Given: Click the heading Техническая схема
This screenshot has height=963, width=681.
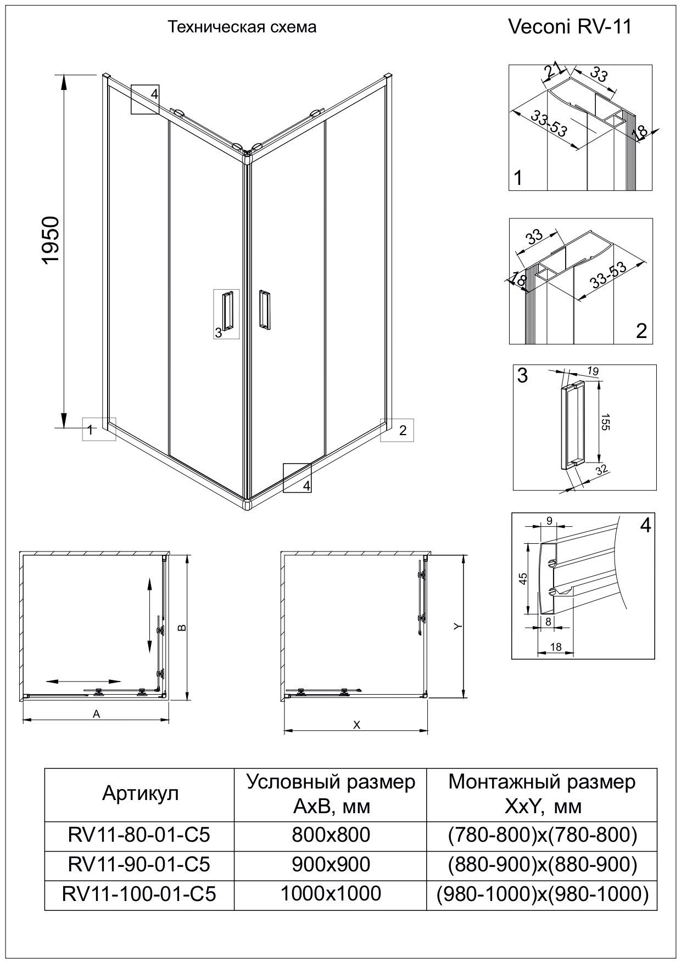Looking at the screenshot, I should [242, 27].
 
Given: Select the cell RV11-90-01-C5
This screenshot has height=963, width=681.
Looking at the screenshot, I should [139, 864].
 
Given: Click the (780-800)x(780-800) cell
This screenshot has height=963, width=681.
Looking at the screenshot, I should [542, 835].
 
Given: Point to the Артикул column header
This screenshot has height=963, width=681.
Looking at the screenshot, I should [140, 793].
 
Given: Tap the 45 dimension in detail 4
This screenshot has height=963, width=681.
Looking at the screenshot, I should [523, 578].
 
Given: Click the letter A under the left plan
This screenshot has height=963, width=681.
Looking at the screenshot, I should [97, 714].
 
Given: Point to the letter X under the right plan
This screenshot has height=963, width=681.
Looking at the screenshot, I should [356, 725].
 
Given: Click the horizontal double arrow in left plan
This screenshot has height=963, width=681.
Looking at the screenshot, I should [83, 681].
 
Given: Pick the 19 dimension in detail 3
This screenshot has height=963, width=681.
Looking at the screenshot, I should [593, 371].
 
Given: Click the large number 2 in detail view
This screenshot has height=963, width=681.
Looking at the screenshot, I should [641, 331].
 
